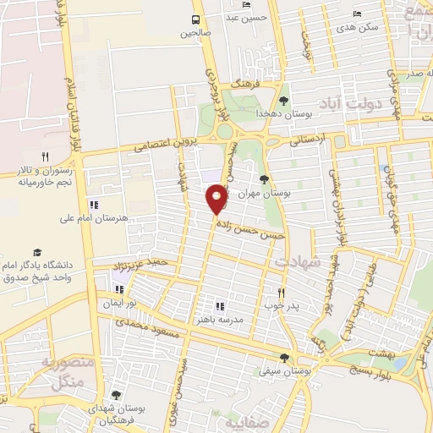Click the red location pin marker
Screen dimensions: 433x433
pos(217,200)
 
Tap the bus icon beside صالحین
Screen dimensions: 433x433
pos(196,19)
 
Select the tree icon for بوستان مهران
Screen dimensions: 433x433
pos(265,178)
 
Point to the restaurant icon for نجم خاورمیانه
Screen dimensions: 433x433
pos(45,156)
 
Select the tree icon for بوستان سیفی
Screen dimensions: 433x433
pos(284,357)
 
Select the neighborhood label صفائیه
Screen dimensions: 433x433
pos(244,420)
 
